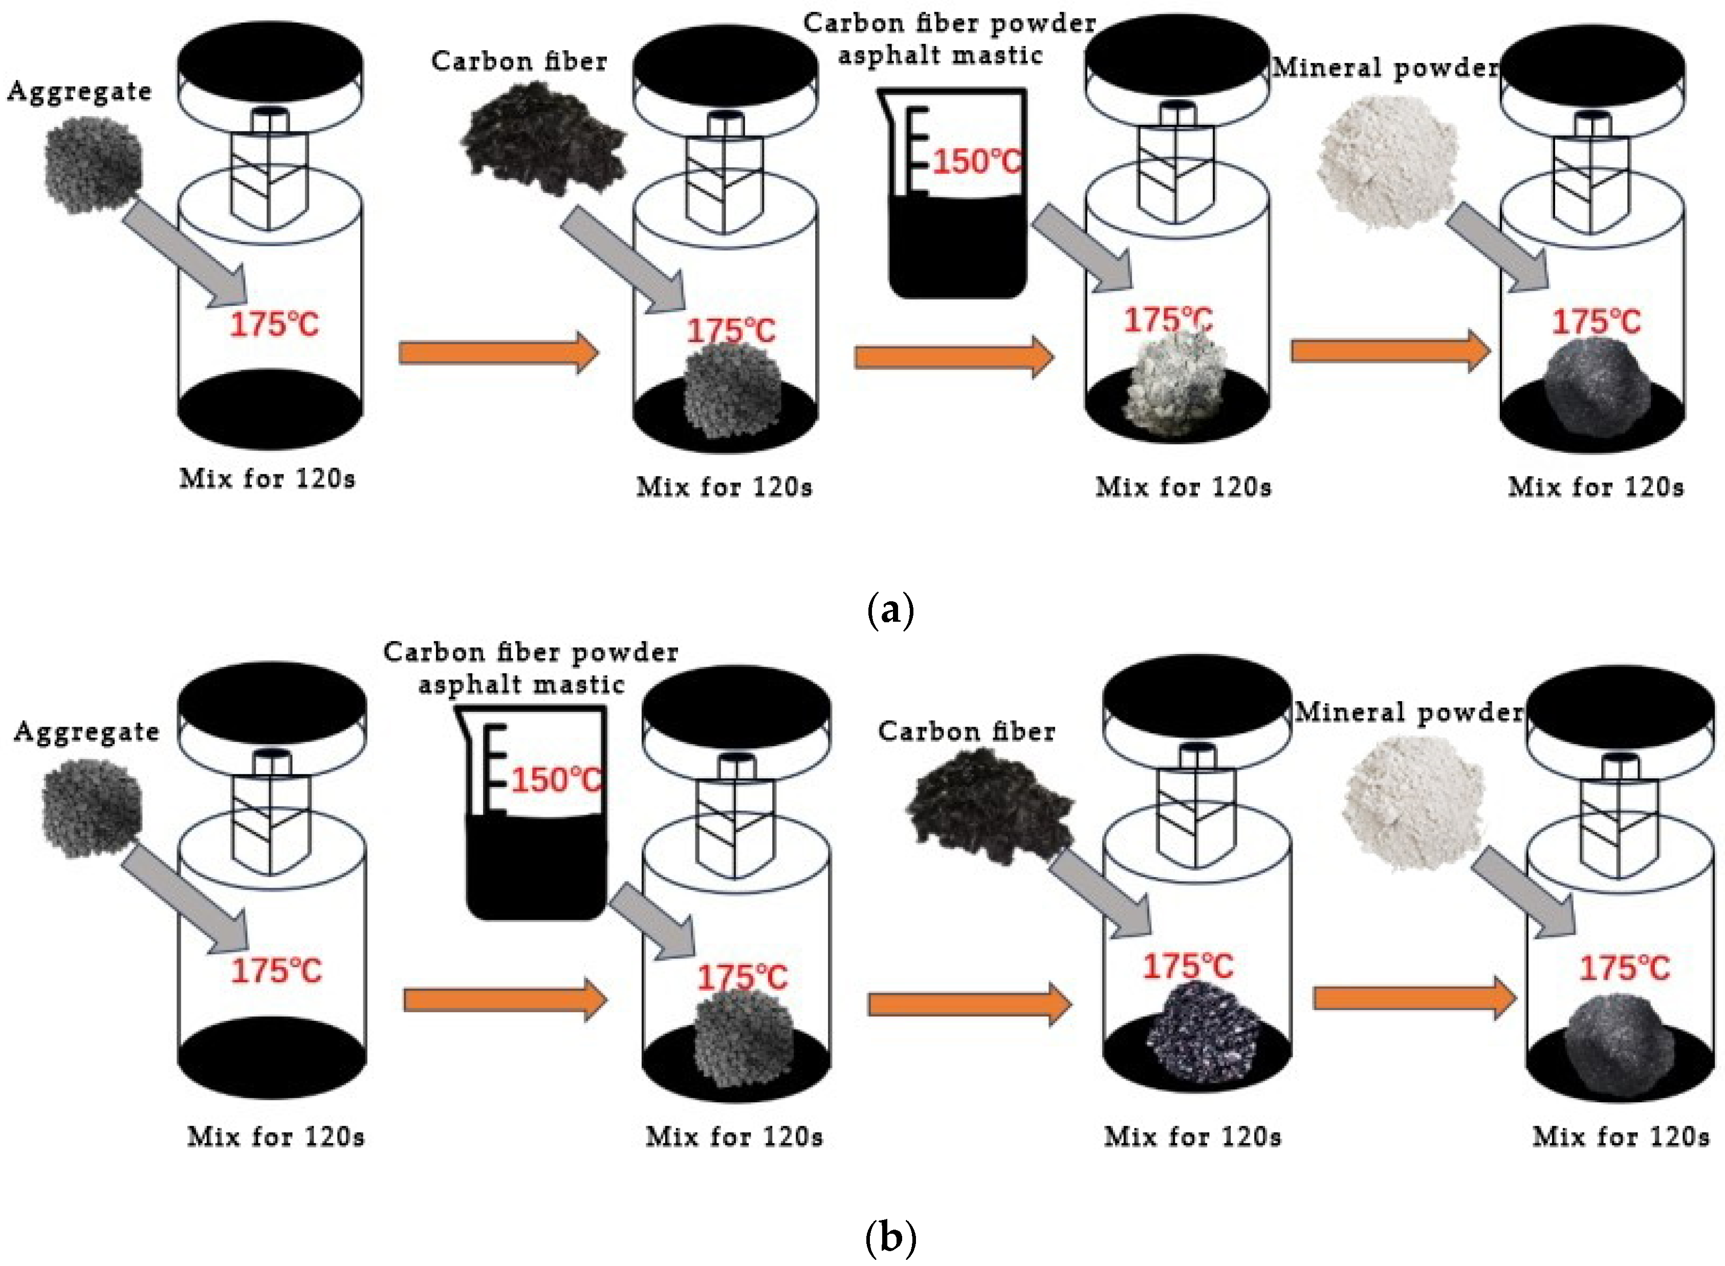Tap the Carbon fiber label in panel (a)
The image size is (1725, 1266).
coord(519,61)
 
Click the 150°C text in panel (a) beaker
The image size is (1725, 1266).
coord(976,162)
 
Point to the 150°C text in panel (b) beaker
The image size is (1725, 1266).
coord(556,780)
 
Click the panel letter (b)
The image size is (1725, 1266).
coord(890,1236)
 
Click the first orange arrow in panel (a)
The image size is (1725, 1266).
coord(498,353)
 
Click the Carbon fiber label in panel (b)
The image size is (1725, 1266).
coord(966,732)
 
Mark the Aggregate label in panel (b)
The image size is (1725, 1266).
coord(86,732)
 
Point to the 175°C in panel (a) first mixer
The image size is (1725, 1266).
coord(274,324)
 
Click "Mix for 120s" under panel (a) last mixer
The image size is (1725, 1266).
coord(1596,487)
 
